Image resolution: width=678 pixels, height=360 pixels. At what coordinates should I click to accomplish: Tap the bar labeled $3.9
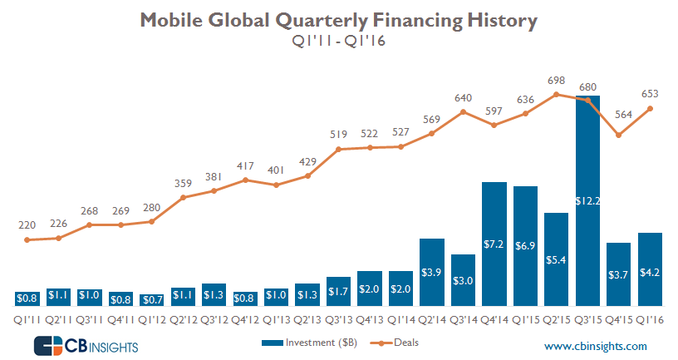click(432, 273)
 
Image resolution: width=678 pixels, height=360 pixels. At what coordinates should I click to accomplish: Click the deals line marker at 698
click(557, 94)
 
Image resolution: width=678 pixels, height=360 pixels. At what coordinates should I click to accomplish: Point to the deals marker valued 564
click(619, 135)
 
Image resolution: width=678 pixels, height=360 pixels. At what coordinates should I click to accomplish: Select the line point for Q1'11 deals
click(27, 240)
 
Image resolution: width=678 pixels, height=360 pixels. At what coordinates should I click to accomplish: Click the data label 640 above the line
click(464, 98)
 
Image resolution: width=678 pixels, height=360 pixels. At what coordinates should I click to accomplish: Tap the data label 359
click(184, 183)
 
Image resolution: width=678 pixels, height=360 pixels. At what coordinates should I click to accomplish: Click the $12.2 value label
click(587, 200)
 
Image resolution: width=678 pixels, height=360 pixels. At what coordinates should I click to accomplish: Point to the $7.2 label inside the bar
click(494, 244)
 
